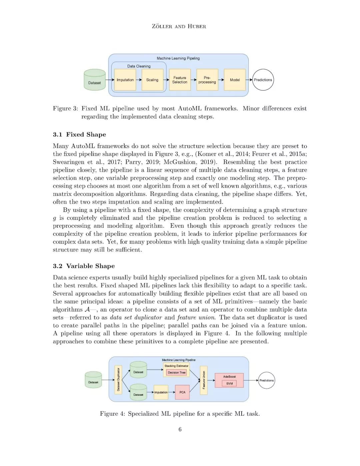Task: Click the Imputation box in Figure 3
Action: (125, 80)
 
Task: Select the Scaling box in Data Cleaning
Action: (152, 80)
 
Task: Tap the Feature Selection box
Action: (180, 80)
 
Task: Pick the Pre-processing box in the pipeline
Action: (207, 80)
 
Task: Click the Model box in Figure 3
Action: (235, 80)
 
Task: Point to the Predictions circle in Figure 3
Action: (263, 80)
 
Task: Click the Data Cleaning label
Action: (139, 66)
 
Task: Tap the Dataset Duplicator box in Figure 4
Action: (118, 380)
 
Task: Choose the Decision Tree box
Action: (177, 373)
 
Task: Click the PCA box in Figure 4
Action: (182, 392)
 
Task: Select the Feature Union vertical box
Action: (204, 380)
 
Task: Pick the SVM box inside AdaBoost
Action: (229, 384)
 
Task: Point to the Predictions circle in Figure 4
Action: (266, 380)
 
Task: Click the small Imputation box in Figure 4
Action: (161, 392)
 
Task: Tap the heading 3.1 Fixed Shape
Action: (79, 134)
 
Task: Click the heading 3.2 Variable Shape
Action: (84, 266)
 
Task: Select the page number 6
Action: (180, 429)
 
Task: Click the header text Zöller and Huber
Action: (179, 26)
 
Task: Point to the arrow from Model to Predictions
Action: (249, 80)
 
